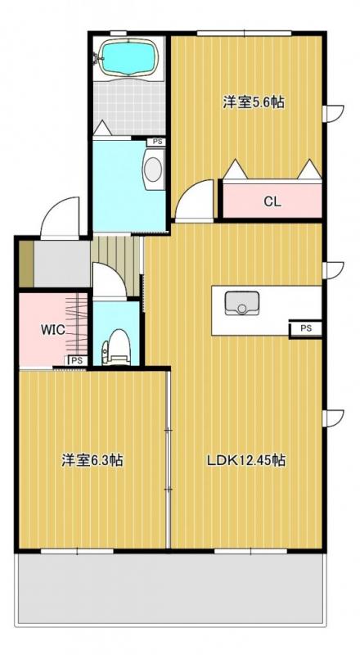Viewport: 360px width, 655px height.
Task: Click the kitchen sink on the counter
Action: (x=241, y=303)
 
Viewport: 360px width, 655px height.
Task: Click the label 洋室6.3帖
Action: (x=92, y=461)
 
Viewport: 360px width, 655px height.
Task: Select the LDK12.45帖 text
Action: (x=245, y=461)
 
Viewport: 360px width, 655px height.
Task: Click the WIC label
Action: (x=53, y=329)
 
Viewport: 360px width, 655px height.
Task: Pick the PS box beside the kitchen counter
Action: (x=305, y=328)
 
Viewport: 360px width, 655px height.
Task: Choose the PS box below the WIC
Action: (x=76, y=360)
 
